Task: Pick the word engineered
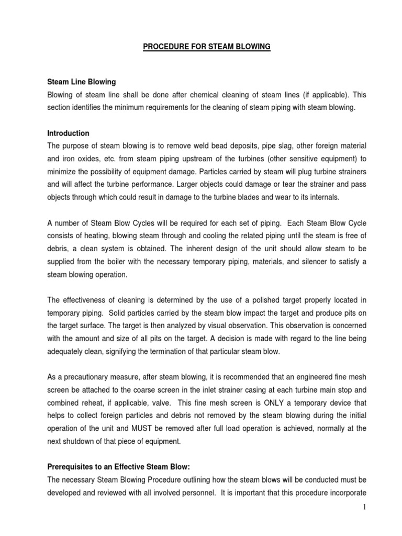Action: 307,377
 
